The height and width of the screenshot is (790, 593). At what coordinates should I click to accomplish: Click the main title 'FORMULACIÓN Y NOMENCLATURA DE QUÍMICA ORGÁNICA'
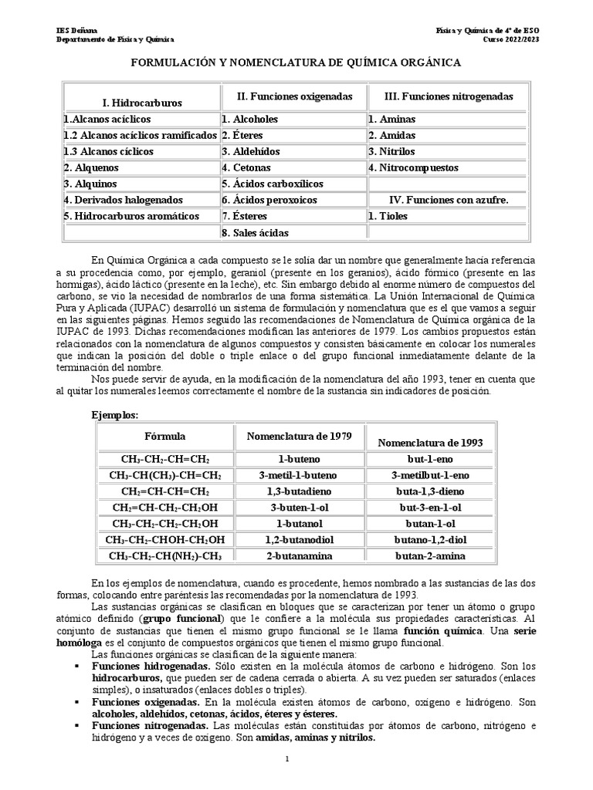pos(296,62)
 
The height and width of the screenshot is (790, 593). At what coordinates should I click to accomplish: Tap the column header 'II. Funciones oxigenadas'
pos(294,96)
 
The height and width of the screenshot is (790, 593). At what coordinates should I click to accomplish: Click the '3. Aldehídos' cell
pos(251,151)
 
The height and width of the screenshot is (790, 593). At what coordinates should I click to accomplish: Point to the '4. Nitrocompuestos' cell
pos(413,167)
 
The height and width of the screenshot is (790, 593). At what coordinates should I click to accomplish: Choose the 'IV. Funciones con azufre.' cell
pos(448,200)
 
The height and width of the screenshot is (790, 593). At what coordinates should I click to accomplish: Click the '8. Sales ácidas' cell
pos(255,232)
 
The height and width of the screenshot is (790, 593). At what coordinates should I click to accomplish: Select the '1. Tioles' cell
pos(390,216)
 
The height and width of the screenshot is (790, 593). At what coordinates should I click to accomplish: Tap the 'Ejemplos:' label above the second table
pos(115,414)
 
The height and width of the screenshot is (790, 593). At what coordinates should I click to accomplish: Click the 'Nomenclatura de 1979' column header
pos(299,437)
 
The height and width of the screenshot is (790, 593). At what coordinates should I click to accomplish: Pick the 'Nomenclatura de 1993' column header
pos(429,442)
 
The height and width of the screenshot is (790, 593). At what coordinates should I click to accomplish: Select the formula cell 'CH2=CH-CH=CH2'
pos(164,491)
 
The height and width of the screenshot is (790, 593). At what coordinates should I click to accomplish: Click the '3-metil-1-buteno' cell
pos(299,474)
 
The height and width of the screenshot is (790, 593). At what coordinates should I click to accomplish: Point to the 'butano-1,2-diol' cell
pos(429,539)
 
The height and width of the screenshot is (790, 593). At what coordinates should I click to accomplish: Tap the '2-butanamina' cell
pos(299,555)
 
